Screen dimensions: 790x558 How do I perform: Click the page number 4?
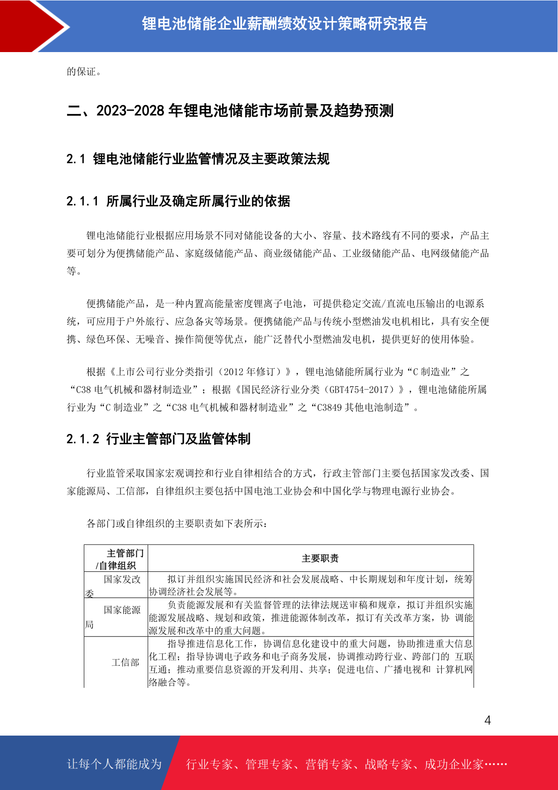[487, 721]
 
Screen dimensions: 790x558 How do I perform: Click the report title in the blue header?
[284, 23]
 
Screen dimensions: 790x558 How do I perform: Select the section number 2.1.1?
[82, 201]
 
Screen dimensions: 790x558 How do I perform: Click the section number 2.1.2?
[82, 439]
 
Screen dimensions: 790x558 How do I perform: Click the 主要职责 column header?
[320, 558]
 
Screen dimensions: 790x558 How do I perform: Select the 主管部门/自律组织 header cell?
[117, 559]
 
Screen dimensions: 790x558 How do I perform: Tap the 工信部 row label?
[125, 662]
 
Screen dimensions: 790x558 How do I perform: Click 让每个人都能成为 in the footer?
[114, 764]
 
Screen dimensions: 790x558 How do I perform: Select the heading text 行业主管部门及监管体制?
[178, 439]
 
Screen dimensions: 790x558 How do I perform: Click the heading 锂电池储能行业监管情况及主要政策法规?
[211, 159]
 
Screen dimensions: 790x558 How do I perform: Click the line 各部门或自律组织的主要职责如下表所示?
[177, 524]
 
